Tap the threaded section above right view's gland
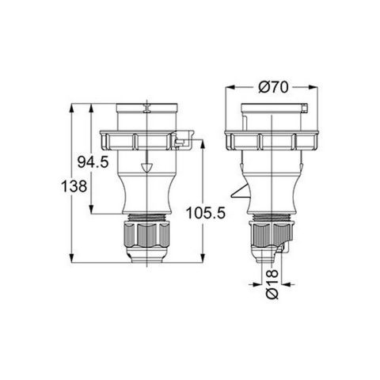(273, 216)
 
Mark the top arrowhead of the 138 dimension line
(74, 104)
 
